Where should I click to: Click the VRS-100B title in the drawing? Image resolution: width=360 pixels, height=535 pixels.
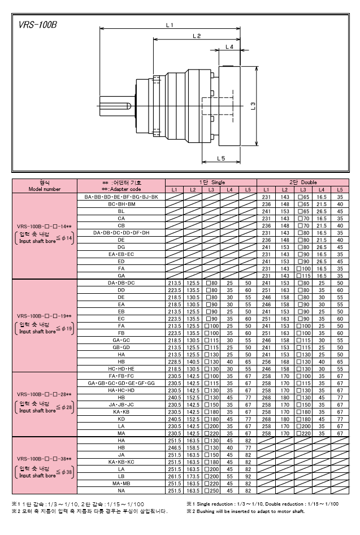coord(37,25)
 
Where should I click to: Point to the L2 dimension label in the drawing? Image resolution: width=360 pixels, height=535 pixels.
coord(196,36)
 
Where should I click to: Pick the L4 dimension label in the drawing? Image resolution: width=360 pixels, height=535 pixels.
coord(229,47)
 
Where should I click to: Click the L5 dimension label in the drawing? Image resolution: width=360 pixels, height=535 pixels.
coord(221,159)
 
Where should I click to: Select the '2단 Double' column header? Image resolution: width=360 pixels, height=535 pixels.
coord(303,183)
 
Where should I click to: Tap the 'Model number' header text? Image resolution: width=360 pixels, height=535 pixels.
coord(44,189)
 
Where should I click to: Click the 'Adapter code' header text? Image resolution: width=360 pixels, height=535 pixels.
coord(121,189)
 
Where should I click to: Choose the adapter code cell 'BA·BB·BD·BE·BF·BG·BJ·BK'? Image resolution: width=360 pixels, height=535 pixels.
coord(121,197)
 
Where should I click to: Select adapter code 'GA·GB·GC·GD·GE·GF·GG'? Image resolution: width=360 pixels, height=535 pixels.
coord(121,383)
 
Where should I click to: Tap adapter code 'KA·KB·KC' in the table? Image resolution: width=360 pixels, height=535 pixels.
coord(121,462)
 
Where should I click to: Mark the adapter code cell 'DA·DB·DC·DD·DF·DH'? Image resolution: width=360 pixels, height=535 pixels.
coord(121,233)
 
